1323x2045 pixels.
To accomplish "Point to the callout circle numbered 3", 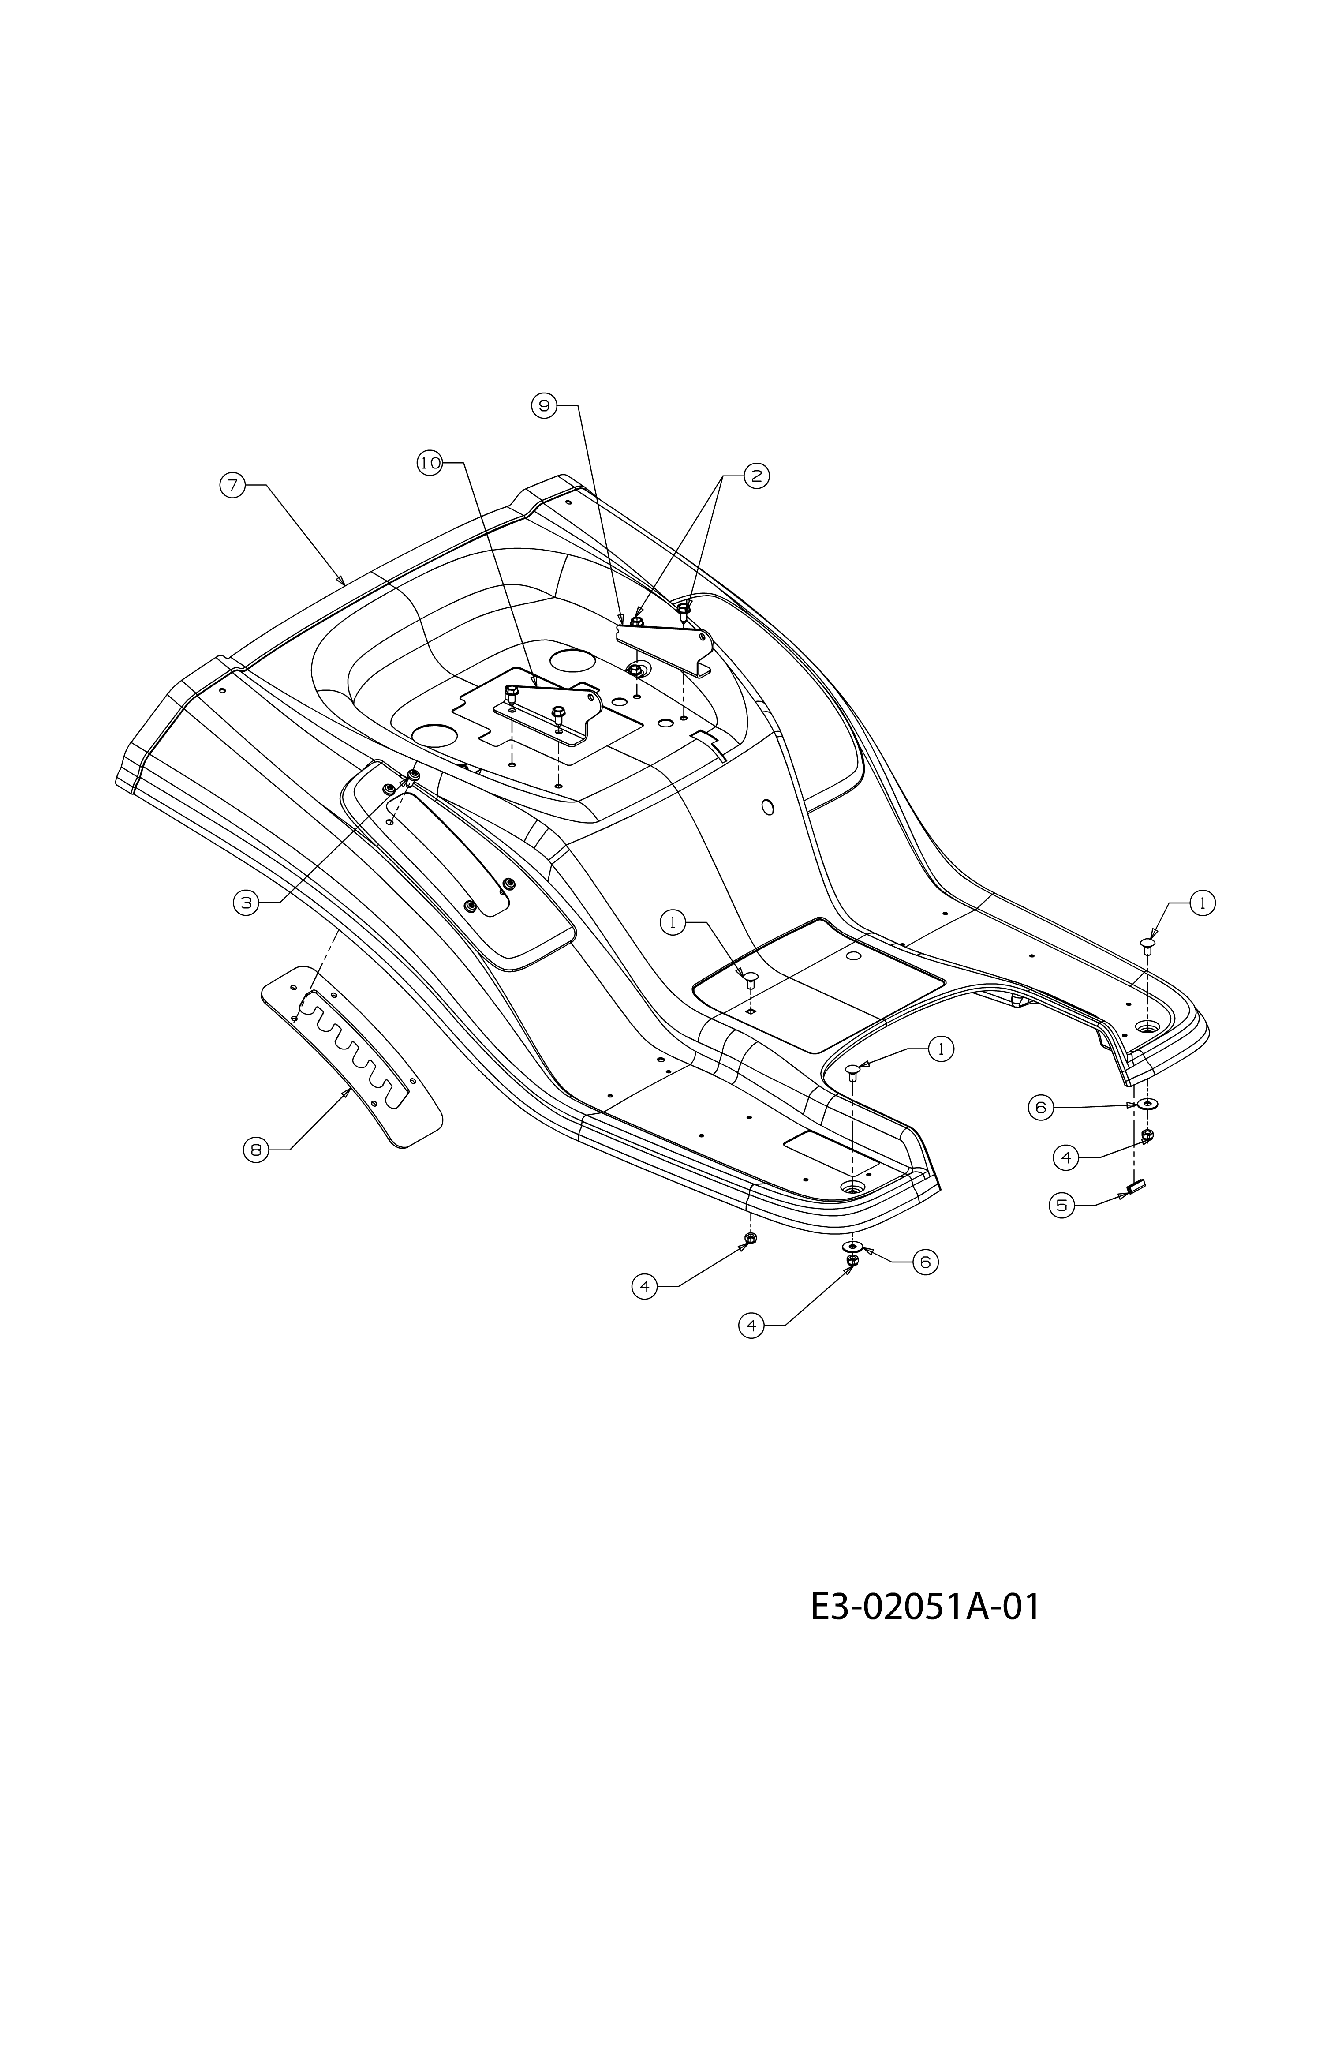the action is pos(247,902).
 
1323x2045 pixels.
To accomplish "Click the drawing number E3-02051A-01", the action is pos(925,1607).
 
